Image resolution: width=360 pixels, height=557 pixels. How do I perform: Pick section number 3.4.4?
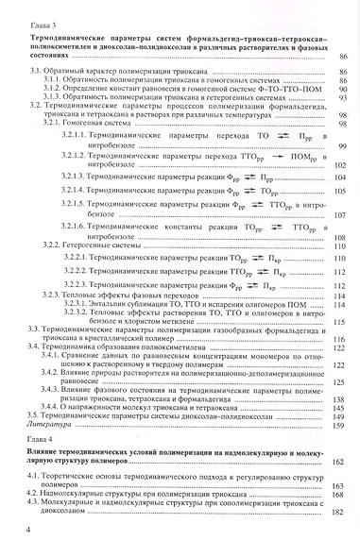click(55, 407)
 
